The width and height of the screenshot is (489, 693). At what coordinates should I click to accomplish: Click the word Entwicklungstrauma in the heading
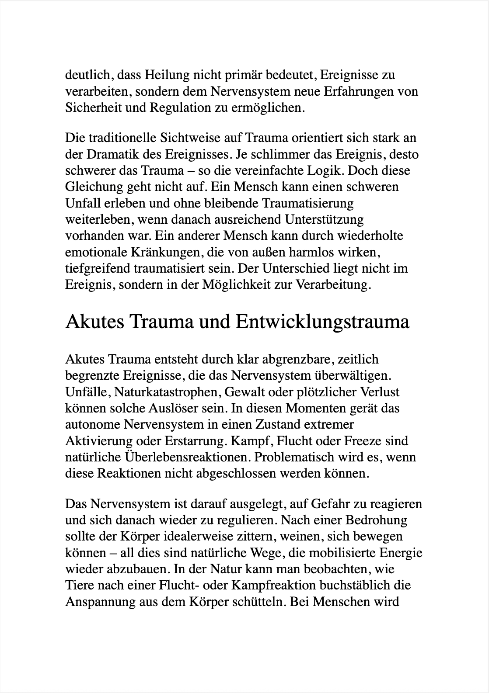(322, 322)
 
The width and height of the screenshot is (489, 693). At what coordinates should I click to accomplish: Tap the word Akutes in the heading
(95, 322)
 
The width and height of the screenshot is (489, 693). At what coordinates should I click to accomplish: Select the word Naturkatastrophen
(168, 392)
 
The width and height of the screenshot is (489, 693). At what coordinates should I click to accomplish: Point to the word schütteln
(258, 602)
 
